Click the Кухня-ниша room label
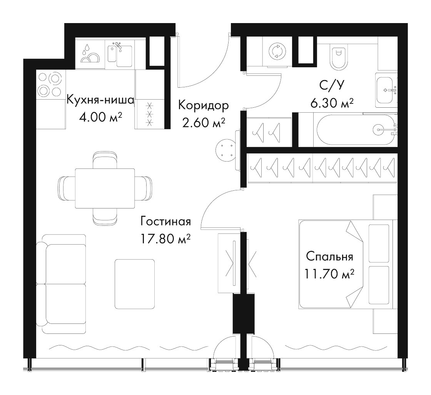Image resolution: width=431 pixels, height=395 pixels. click(x=100, y=100)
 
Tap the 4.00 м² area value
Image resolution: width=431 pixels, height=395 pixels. click(x=100, y=117)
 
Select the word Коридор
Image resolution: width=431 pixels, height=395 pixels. click(x=204, y=106)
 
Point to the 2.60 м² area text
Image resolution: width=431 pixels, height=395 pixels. click(x=204, y=123)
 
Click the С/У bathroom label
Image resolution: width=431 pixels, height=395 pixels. click(x=332, y=86)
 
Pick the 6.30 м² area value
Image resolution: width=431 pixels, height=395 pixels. click(x=332, y=103)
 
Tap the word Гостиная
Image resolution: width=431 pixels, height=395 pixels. click(x=165, y=221)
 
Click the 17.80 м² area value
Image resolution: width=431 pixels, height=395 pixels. click(x=165, y=239)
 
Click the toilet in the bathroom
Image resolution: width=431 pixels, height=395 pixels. click(x=338, y=58)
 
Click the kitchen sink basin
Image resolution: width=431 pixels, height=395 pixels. click(x=124, y=56)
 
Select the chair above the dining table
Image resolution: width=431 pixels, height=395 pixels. click(x=105, y=160)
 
